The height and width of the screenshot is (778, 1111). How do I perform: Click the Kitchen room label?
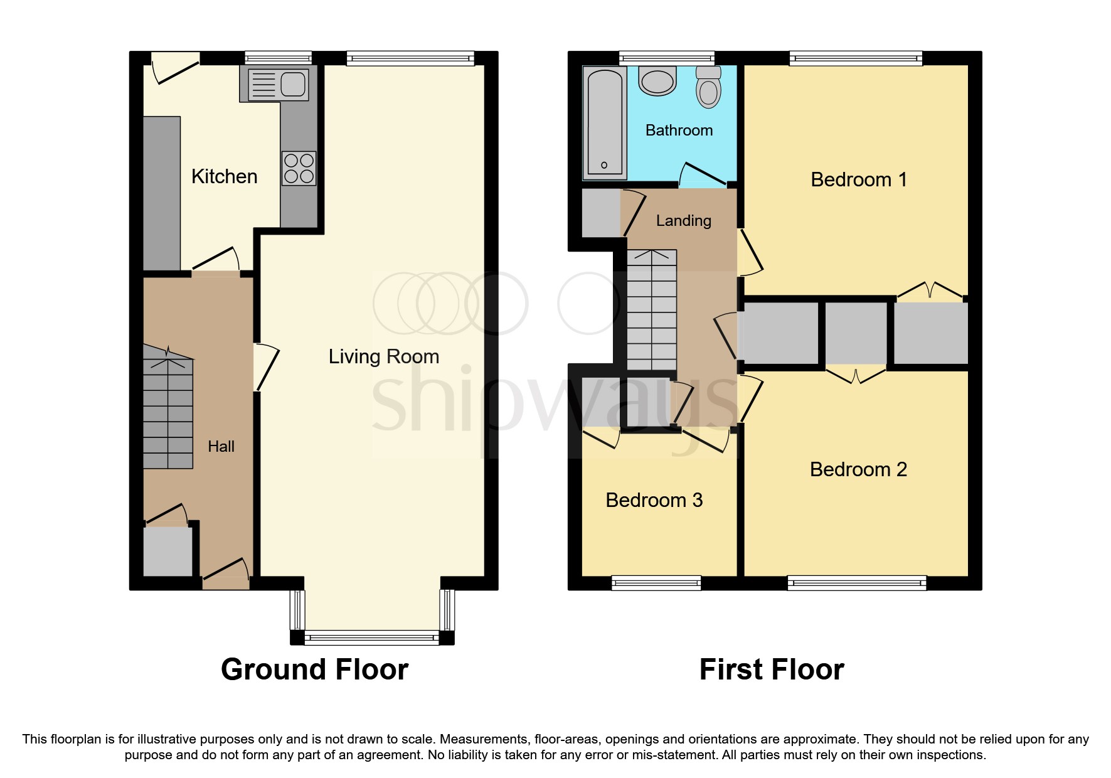(x=224, y=176)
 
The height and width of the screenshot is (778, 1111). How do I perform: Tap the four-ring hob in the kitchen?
(x=299, y=168)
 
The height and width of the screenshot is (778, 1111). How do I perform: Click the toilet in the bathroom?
(x=708, y=88)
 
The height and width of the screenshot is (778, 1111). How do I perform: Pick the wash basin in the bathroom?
(x=657, y=82)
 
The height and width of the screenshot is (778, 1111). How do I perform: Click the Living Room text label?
(x=383, y=356)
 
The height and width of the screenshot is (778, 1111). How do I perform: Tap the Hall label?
(x=221, y=447)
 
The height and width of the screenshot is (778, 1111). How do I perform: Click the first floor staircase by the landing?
(x=652, y=311)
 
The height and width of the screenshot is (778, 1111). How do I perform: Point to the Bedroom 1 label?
(x=858, y=179)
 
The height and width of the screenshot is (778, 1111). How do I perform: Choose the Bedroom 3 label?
(x=654, y=500)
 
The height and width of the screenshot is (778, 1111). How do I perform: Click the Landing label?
(x=683, y=221)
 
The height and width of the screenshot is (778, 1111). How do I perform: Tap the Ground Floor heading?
(x=314, y=669)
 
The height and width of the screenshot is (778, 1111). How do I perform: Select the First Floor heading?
(x=771, y=669)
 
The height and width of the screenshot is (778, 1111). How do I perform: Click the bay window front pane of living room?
(x=372, y=638)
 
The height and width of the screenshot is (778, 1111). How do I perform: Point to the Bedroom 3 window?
(x=656, y=583)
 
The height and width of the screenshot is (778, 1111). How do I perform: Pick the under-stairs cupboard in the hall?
(x=167, y=551)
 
